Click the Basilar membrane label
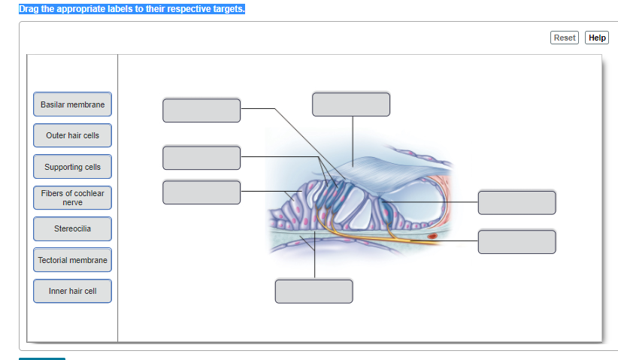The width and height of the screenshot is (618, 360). [x=72, y=104]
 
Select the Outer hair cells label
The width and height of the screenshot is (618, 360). [x=72, y=135]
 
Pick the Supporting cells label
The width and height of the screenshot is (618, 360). [x=72, y=167]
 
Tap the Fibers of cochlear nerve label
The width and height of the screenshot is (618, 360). [x=72, y=198]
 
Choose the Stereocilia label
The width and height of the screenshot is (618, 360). [x=72, y=228]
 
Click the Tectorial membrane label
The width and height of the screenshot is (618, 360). [x=72, y=260]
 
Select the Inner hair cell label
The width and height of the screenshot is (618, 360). [x=72, y=291]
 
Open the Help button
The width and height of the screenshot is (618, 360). [x=597, y=38]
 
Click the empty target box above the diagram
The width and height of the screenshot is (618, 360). [x=351, y=104]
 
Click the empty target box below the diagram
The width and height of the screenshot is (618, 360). [x=314, y=291]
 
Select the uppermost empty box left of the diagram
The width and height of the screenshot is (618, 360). [x=201, y=110]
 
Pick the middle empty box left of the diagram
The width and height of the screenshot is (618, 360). [x=201, y=158]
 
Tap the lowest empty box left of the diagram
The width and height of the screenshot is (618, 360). [x=201, y=192]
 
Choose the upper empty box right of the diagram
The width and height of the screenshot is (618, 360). [x=517, y=202]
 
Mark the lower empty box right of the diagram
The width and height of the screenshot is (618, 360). [x=517, y=241]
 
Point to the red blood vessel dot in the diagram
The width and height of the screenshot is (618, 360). [x=432, y=237]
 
